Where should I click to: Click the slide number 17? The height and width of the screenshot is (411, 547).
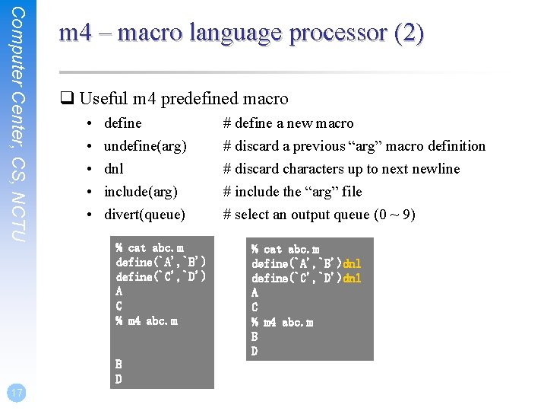click(16, 393)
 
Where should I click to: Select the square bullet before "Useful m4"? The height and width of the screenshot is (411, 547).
click(66, 99)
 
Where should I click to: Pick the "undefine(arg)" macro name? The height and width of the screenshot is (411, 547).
click(145, 146)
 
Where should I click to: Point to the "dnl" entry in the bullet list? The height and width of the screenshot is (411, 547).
click(114, 169)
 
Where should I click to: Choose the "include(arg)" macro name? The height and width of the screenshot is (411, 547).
click(141, 192)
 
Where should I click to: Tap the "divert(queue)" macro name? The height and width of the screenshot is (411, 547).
click(144, 215)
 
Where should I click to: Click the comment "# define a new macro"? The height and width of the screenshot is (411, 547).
click(288, 123)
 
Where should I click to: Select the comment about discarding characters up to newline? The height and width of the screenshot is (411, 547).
click(341, 169)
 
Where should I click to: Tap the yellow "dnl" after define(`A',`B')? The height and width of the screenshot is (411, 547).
click(352, 263)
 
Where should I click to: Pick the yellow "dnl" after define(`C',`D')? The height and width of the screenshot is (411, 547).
click(352, 278)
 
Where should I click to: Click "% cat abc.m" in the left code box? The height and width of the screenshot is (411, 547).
click(149, 247)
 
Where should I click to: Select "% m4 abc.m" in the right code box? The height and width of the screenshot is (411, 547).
click(283, 322)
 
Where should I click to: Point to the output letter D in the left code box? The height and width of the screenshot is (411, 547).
click(119, 379)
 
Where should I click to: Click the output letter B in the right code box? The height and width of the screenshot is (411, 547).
click(255, 336)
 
